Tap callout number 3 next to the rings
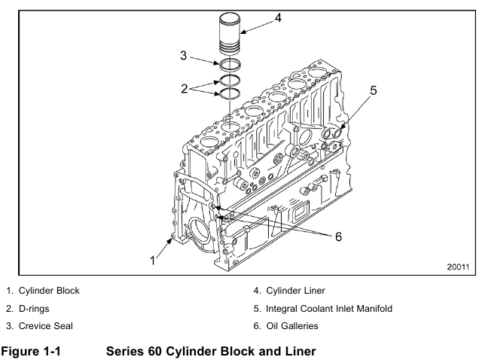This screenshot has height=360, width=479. coord(182,55)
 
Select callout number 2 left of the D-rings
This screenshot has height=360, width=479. coord(182,88)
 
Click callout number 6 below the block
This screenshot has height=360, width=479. coord(338,236)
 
